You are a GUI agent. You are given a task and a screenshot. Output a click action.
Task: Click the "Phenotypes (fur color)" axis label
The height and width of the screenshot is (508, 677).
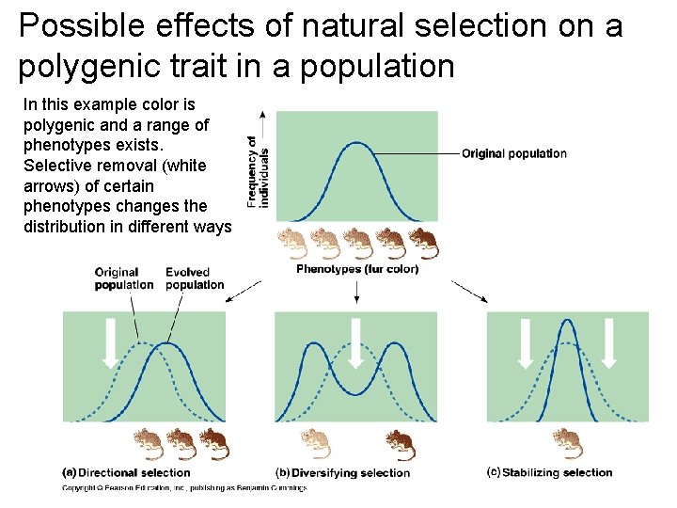tap(356, 269)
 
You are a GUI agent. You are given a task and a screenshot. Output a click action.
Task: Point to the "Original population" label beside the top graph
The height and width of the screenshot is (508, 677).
tap(513, 153)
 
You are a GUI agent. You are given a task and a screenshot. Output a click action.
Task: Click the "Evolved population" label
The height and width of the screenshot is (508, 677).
tap(194, 278)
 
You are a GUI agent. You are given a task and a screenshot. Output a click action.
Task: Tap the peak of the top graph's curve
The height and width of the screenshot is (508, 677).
tap(356, 144)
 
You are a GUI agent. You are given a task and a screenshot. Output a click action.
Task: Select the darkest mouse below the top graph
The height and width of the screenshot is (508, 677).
tap(422, 244)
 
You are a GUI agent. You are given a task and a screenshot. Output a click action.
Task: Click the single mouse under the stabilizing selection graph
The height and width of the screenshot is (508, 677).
tap(567, 441)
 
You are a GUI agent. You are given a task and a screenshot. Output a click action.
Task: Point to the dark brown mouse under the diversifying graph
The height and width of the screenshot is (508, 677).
tap(399, 442)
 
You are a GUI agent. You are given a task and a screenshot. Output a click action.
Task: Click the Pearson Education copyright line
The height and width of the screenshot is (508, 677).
tap(183, 488)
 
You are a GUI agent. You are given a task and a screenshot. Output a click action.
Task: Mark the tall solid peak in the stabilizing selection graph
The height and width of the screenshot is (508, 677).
tap(567, 325)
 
